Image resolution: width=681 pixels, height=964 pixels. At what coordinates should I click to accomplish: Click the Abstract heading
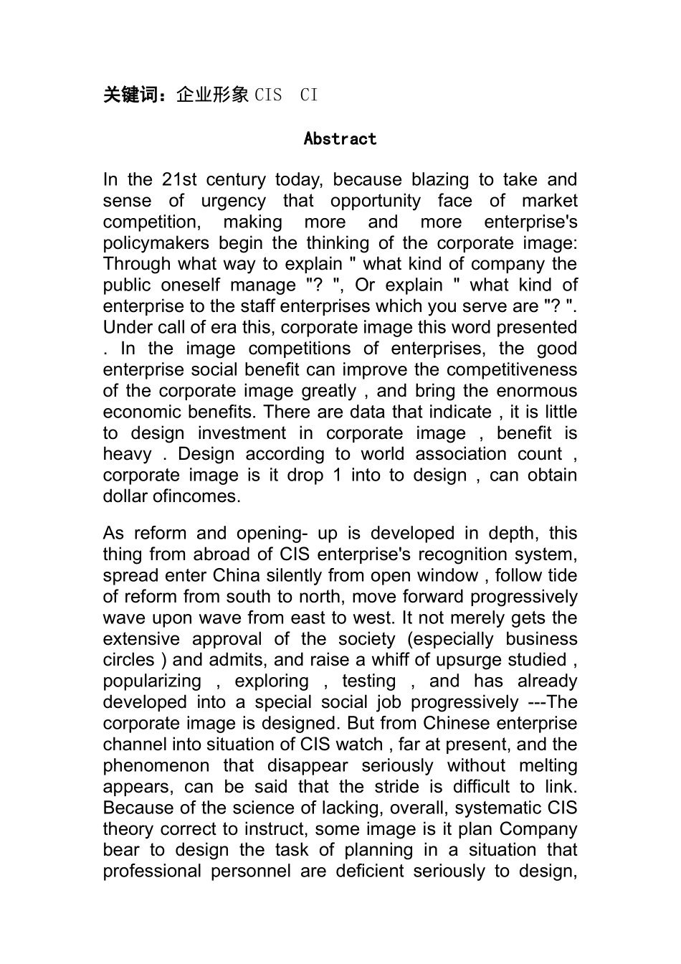point(340,138)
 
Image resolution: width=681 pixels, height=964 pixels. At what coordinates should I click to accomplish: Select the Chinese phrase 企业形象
point(213,95)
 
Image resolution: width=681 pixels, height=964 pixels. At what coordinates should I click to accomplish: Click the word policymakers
point(156,243)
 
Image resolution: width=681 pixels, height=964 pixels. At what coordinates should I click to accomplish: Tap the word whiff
point(406,660)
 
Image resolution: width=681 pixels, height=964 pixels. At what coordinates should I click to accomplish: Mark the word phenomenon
point(156,765)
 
